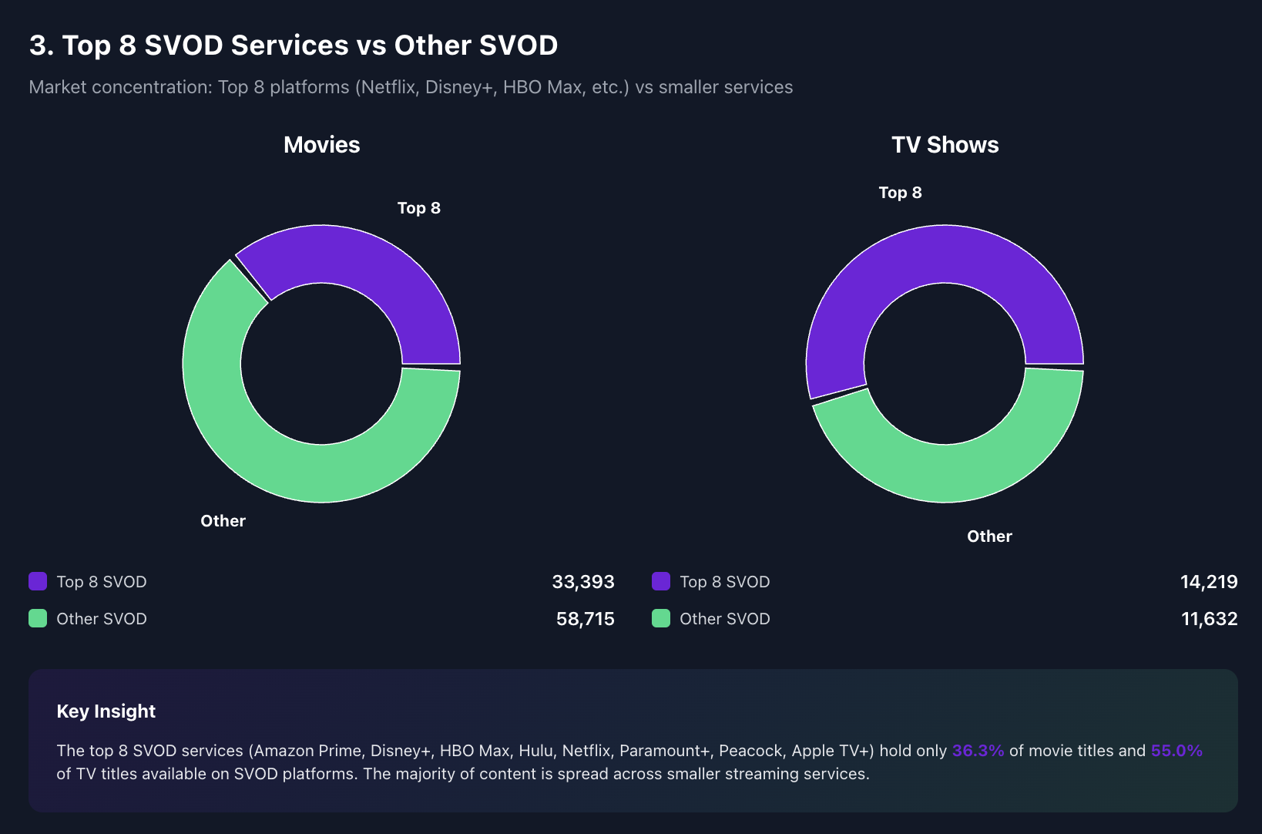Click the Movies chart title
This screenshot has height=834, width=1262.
pos(321,145)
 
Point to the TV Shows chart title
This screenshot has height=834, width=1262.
pos(945,145)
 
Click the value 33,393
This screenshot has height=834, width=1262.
pos(582,582)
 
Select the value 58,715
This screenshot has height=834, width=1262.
pos(585,619)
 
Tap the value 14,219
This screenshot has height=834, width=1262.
pos(1208,582)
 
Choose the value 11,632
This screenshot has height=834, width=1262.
pos(1209,619)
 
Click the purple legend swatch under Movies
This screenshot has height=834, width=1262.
pos(38,581)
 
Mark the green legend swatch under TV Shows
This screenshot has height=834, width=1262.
pos(661,618)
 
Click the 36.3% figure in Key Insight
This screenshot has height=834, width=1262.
pos(978,751)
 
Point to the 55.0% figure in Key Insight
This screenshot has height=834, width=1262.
pos(1176,751)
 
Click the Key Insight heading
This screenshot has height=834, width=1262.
pos(106,711)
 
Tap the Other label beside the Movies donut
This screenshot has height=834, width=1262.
pos(223,521)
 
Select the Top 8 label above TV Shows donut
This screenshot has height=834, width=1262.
pos(900,193)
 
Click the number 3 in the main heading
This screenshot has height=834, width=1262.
pos(38,45)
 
